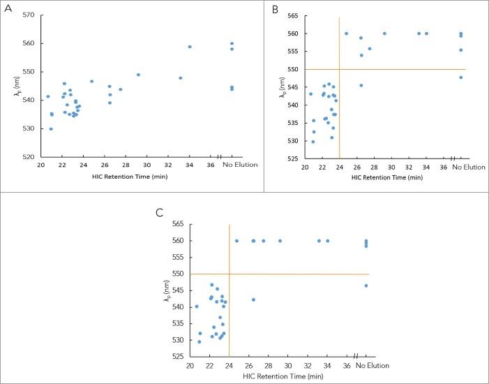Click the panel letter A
(x=8, y=10)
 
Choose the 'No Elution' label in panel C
(x=366, y=367)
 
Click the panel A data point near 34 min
(x=190, y=47)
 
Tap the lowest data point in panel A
(x=51, y=128)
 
